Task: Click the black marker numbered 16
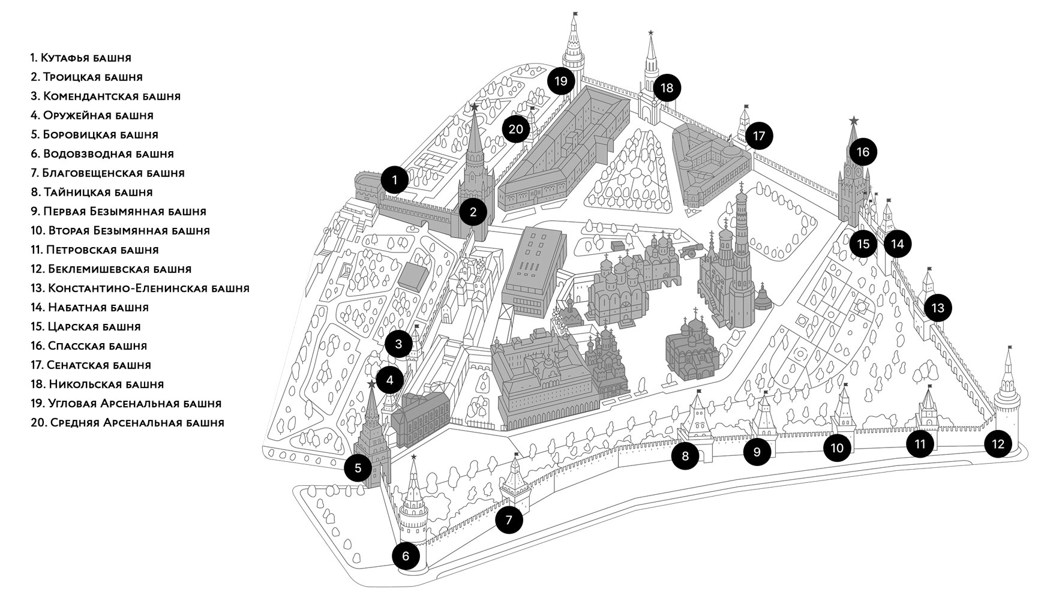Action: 862,152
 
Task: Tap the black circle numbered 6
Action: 406,556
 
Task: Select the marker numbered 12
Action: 998,444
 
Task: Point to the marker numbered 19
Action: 561,80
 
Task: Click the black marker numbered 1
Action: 394,179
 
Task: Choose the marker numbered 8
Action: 685,456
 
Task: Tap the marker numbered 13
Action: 938,308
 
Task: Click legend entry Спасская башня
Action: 89,345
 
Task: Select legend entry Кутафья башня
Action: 81,58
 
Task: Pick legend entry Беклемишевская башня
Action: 111,269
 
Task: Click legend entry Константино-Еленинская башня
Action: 140,288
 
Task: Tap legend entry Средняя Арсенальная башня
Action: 127,422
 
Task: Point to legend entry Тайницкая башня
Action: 92,192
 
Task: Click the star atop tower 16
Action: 854,121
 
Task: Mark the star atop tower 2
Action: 474,107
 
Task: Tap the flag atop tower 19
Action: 575,13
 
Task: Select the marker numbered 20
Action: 516,128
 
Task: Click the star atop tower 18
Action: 651,32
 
